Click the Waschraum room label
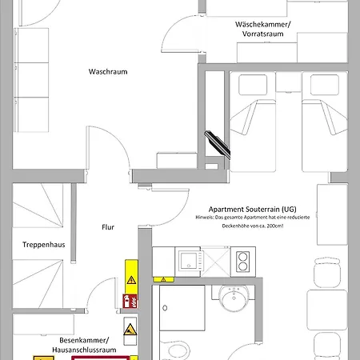[108, 71]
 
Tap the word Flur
[108, 227]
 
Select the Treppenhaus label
[44, 245]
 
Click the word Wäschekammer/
[262, 25]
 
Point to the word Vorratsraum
[262, 34]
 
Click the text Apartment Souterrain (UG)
[253, 209]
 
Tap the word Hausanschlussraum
[84, 350]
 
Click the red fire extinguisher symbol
[130, 301]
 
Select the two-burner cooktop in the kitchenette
[243, 262]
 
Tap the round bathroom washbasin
[234, 298]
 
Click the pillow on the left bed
[253, 85]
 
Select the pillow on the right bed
[325, 85]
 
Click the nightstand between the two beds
[288, 82]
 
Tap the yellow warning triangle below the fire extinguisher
[130, 330]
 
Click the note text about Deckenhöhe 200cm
[253, 222]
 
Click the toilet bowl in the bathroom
[178, 350]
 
